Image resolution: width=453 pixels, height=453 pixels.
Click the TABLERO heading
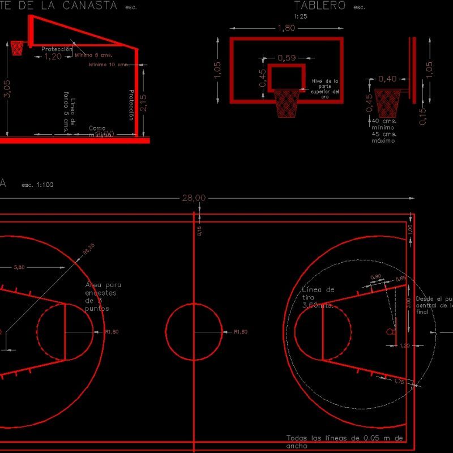[x=320, y=6]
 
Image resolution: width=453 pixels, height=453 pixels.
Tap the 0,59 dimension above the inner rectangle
[x=288, y=57]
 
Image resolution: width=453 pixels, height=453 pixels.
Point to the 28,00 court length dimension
[x=194, y=198]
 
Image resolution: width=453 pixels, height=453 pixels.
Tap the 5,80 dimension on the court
[x=19, y=267]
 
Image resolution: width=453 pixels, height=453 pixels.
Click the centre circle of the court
[x=194, y=331]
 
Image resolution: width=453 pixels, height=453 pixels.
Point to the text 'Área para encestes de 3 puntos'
[x=102, y=297]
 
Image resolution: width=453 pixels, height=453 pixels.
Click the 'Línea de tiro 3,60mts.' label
[x=318, y=297]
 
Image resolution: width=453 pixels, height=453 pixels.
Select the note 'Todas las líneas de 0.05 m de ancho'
[x=344, y=442]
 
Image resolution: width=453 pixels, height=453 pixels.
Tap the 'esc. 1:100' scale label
[x=37, y=185]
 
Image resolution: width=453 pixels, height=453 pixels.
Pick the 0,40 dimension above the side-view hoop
[x=387, y=79]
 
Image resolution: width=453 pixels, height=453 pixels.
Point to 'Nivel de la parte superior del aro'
[x=325, y=89]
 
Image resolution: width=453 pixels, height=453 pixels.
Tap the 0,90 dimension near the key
[x=375, y=277]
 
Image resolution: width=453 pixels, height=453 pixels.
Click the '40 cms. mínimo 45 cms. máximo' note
[x=383, y=131]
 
